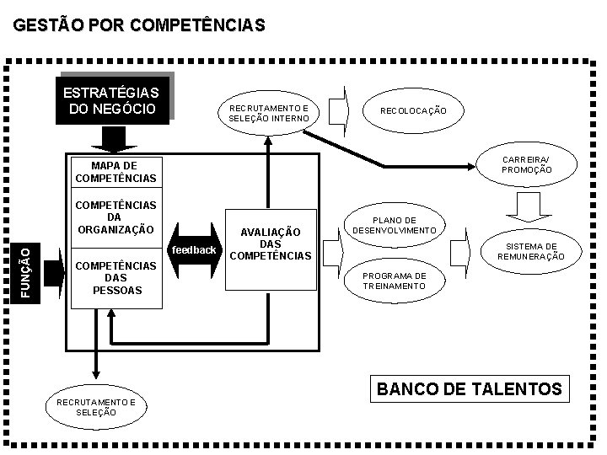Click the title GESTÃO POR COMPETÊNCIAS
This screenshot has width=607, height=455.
(139, 26)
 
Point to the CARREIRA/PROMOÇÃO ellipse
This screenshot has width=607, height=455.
(526, 164)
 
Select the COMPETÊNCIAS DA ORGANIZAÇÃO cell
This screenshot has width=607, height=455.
(115, 217)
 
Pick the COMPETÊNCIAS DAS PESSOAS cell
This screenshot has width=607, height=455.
(115, 277)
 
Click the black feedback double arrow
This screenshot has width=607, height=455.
(194, 250)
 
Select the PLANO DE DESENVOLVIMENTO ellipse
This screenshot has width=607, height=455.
(395, 225)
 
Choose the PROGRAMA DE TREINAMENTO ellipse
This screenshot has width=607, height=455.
(395, 281)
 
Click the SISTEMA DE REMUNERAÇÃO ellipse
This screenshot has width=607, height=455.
(530, 251)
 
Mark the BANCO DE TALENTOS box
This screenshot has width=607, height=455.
(469, 389)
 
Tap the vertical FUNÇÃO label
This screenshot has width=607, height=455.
(26, 270)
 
